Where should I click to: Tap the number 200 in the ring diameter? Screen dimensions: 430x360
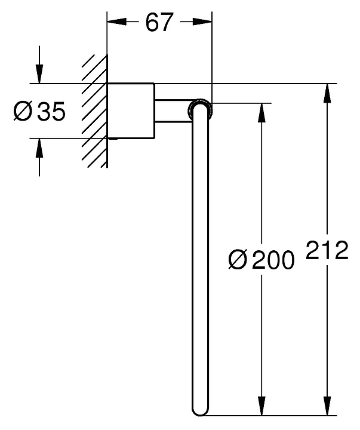273,260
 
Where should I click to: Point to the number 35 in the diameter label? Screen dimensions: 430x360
50,111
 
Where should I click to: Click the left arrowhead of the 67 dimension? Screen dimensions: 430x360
116,22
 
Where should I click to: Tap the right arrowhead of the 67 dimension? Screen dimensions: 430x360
203,22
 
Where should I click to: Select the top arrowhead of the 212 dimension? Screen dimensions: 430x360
327,93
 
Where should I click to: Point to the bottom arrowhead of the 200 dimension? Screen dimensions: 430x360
261,405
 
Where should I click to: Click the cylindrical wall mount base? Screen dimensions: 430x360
131,110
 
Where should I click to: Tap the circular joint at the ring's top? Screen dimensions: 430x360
199,109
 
